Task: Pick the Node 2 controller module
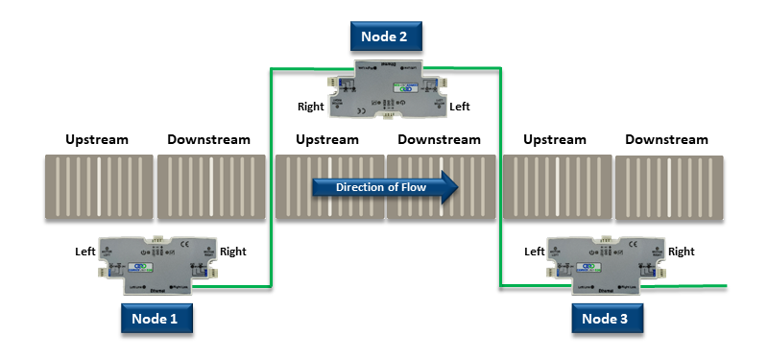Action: pos(384,90)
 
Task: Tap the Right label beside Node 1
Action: pos(232,252)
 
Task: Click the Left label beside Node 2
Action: pos(461,107)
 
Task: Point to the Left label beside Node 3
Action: pos(536,252)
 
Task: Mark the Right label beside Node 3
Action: pos(682,252)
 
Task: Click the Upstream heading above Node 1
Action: pos(96,140)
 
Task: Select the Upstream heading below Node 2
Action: pos(327,140)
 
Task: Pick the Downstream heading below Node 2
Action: pos(439,140)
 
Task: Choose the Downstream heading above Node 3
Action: pos(666,140)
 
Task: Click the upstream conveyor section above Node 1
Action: pos(97,187)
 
